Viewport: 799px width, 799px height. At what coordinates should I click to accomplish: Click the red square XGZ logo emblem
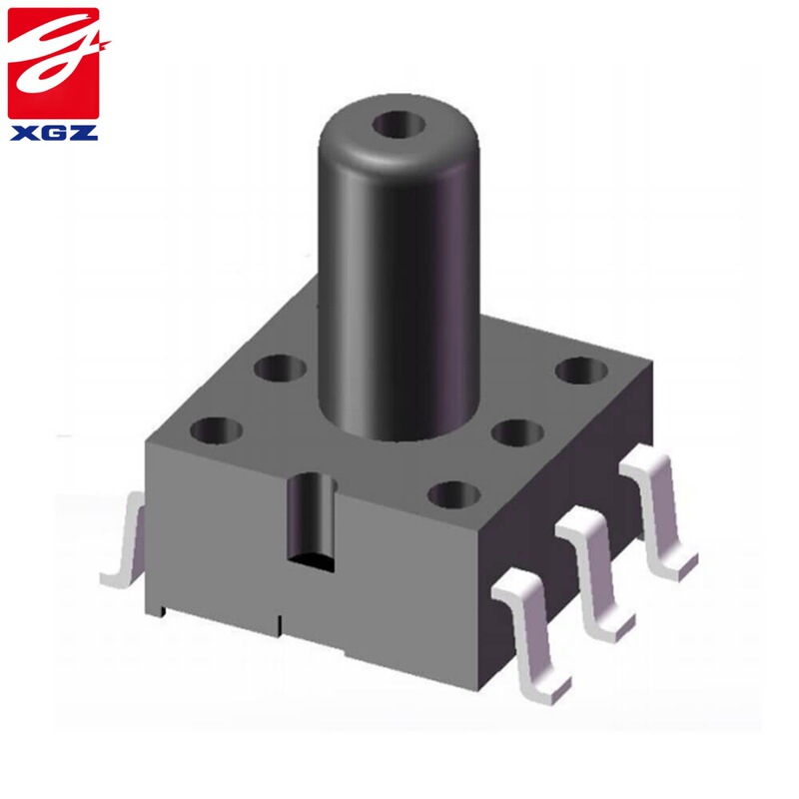54,63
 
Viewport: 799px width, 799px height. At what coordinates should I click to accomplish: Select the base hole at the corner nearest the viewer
455,492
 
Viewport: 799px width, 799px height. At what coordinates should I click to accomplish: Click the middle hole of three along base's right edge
517,432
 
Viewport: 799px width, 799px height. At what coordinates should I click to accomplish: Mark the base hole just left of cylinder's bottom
280,371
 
